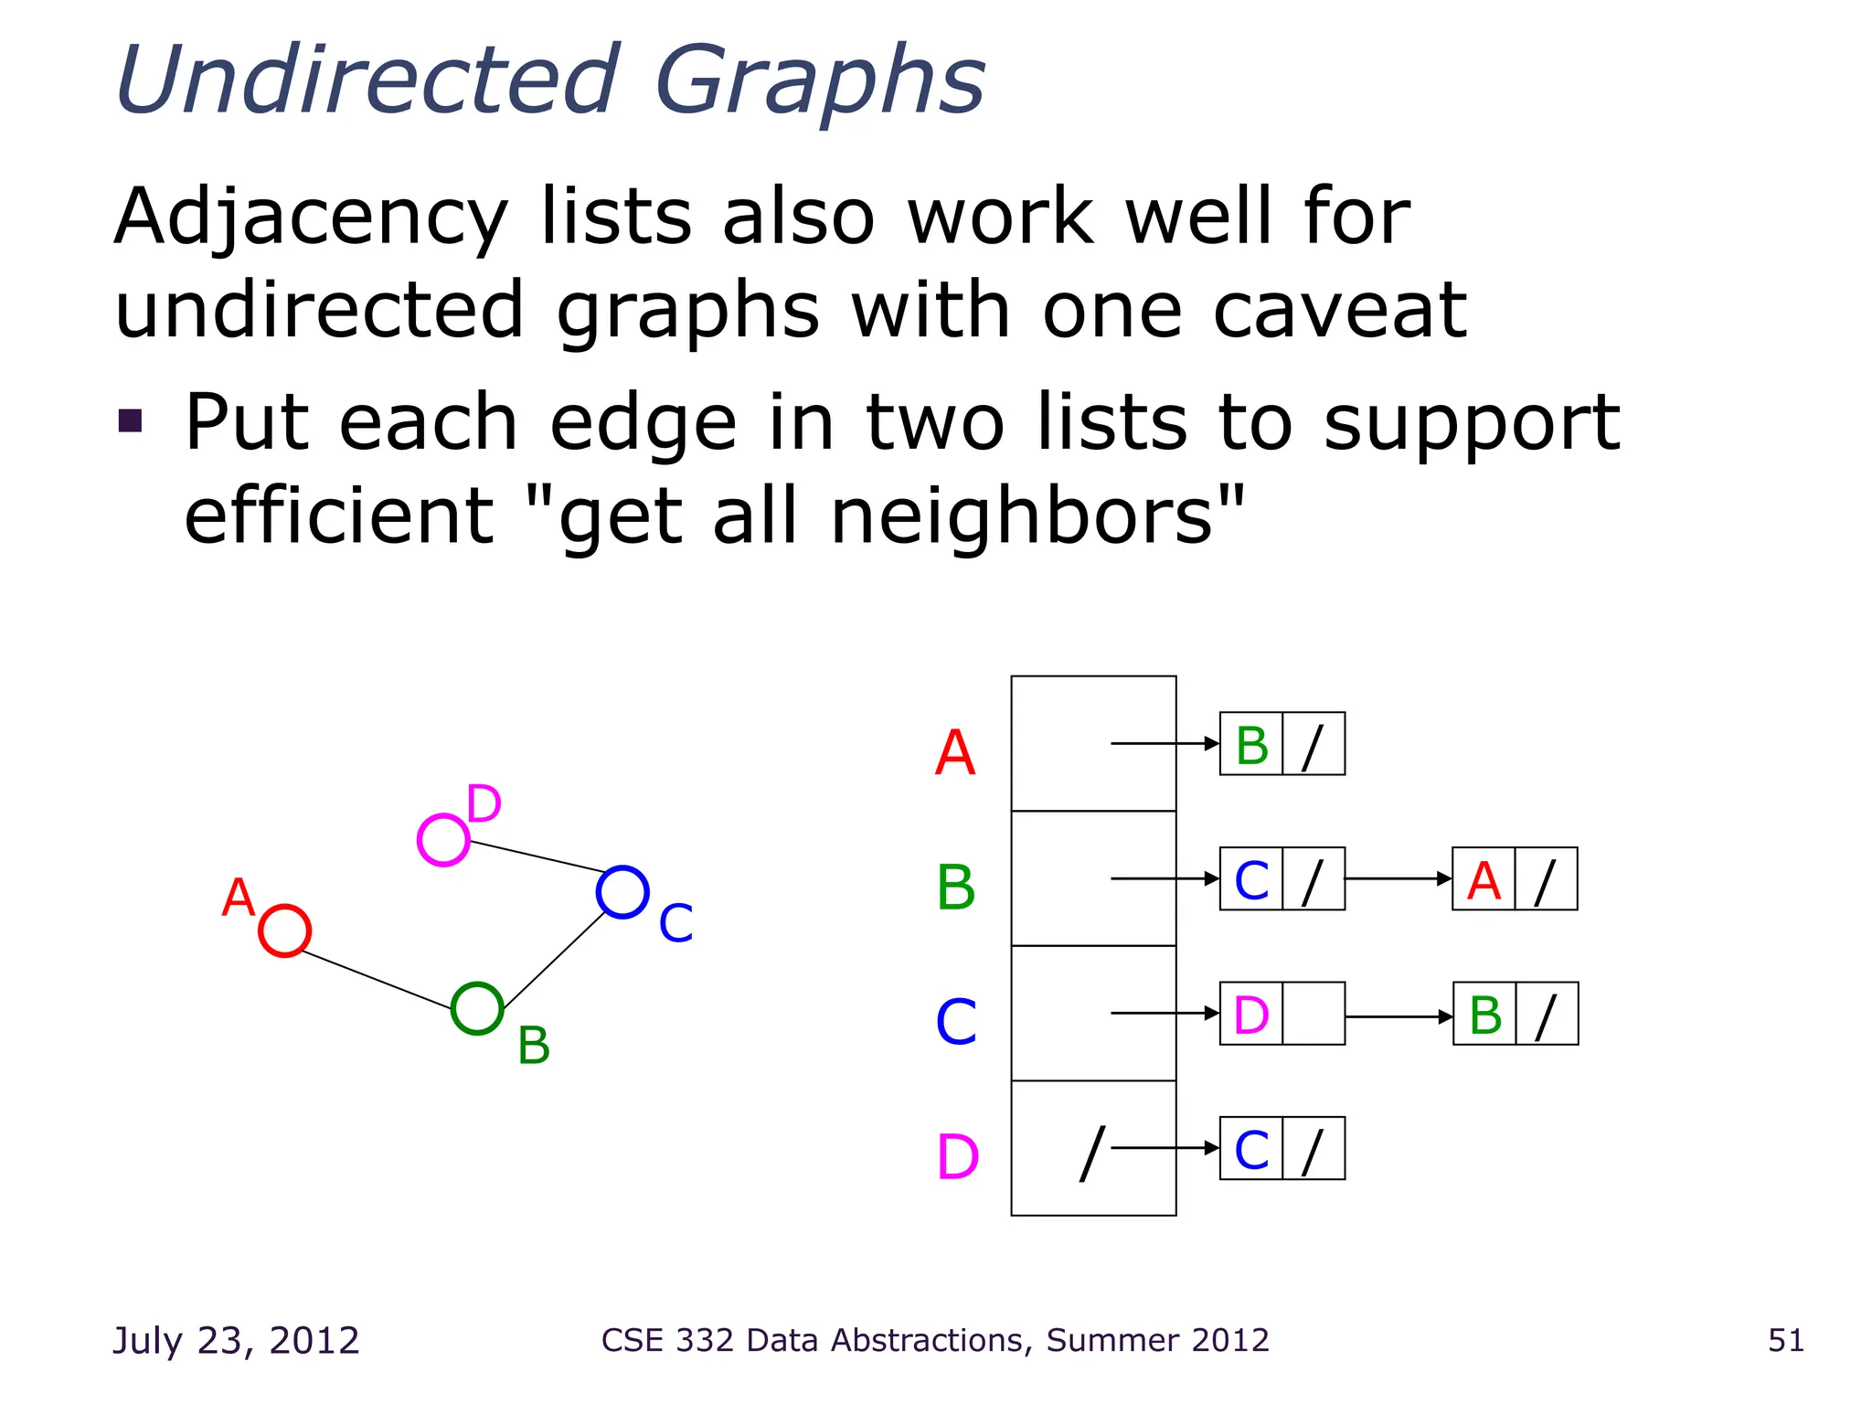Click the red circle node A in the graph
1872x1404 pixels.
pyautogui.click(x=284, y=931)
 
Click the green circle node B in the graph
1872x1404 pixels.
pyautogui.click(x=477, y=1008)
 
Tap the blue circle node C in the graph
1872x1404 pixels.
pyautogui.click(x=622, y=891)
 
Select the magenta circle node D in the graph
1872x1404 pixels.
pyautogui.click(x=443, y=840)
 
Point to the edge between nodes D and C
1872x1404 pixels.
pyautogui.click(x=537, y=856)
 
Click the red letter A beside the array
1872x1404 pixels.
pyautogui.click(x=955, y=753)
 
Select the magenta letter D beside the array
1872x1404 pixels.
pyautogui.click(x=957, y=1157)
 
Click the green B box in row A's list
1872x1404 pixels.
pyautogui.click(x=1251, y=744)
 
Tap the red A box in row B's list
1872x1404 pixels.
pyautogui.click(x=1484, y=879)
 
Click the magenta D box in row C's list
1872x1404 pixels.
pyautogui.click(x=1251, y=1014)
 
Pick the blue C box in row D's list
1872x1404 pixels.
pyautogui.click(x=1251, y=1149)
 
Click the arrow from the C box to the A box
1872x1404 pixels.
pyautogui.click(x=1399, y=878)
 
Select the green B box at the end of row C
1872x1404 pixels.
pyautogui.click(x=1484, y=1014)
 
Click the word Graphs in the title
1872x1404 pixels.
pyautogui.click(x=819, y=82)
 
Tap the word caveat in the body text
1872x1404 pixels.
pyautogui.click(x=1339, y=311)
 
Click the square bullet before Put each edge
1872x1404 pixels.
pyautogui.click(x=131, y=420)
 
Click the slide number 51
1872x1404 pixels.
pyautogui.click(x=1785, y=1340)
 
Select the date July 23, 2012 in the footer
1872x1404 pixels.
pyautogui.click(x=236, y=1340)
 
